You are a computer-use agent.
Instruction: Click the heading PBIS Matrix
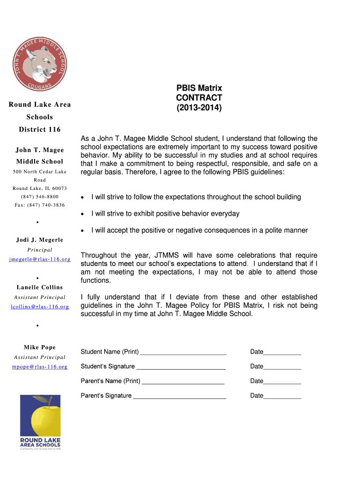199,88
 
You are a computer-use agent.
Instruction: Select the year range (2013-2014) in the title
199,108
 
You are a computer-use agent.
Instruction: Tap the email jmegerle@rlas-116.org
40,259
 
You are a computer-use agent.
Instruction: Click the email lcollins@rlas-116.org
40,307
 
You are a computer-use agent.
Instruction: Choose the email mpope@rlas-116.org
40,367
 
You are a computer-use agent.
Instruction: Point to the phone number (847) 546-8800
40,196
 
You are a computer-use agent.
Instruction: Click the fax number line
40,205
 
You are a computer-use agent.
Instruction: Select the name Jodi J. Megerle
40,240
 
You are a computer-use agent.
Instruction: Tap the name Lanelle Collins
40,287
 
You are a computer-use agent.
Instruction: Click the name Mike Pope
40,348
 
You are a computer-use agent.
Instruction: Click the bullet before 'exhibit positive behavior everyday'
83,214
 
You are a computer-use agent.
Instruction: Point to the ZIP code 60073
58,188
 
